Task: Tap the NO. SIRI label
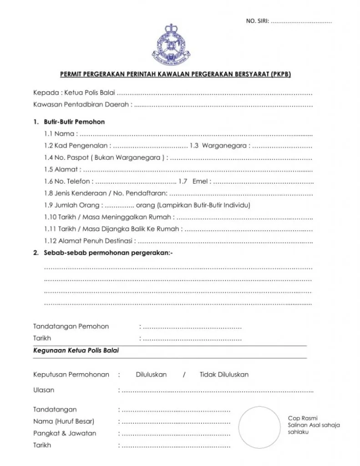pyautogui.click(x=257, y=21)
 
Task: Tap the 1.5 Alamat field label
pyautogui.click(x=62, y=170)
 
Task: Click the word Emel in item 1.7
pyautogui.click(x=201, y=182)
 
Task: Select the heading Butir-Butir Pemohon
pyautogui.click(x=74, y=122)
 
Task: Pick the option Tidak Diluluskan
pyautogui.click(x=224, y=375)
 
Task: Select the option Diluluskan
pyautogui.click(x=151, y=375)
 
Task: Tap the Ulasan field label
pyautogui.click(x=44, y=390)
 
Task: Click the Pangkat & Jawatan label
pyautogui.click(x=65, y=433)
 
